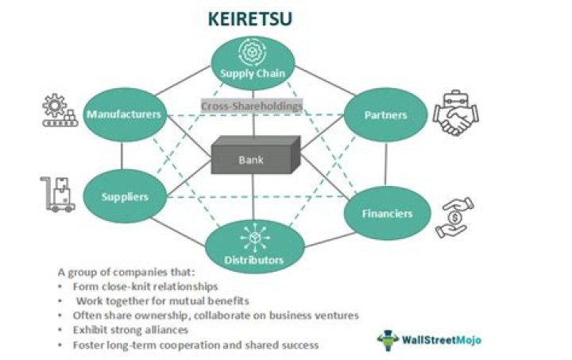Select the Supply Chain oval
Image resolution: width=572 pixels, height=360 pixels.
coord(253,64)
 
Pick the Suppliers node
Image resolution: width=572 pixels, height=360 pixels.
coord(126,195)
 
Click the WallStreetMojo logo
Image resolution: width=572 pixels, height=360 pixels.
coord(429,339)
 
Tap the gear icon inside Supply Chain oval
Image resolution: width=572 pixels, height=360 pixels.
coord(253,52)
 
